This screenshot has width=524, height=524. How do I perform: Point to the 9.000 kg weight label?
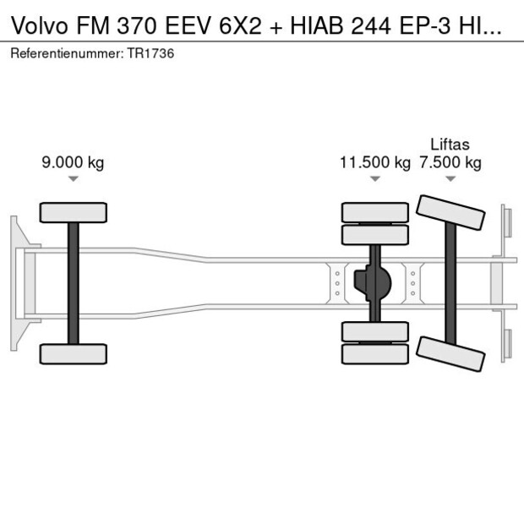tap(73, 162)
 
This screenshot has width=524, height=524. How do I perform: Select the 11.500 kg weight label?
tap(374, 162)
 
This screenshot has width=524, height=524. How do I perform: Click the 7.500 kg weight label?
tap(450, 162)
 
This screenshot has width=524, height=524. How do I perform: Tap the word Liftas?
tap(450, 145)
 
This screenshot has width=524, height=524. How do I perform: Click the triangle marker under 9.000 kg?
tap(74, 179)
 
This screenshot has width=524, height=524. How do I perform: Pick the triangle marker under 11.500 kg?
tap(374, 179)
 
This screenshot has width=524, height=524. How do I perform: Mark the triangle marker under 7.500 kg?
tap(450, 179)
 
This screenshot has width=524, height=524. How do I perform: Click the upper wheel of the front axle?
tap(74, 212)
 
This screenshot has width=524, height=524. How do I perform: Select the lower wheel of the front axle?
tap(74, 353)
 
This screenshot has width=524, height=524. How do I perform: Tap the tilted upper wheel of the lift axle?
tap(451, 213)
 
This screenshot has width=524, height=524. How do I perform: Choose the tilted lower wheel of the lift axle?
tap(450, 352)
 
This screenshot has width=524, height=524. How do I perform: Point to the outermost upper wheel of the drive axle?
tap(374, 211)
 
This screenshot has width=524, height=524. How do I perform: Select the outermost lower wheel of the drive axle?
tap(374, 355)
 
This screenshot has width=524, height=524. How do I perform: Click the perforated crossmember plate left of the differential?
tap(337, 283)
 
